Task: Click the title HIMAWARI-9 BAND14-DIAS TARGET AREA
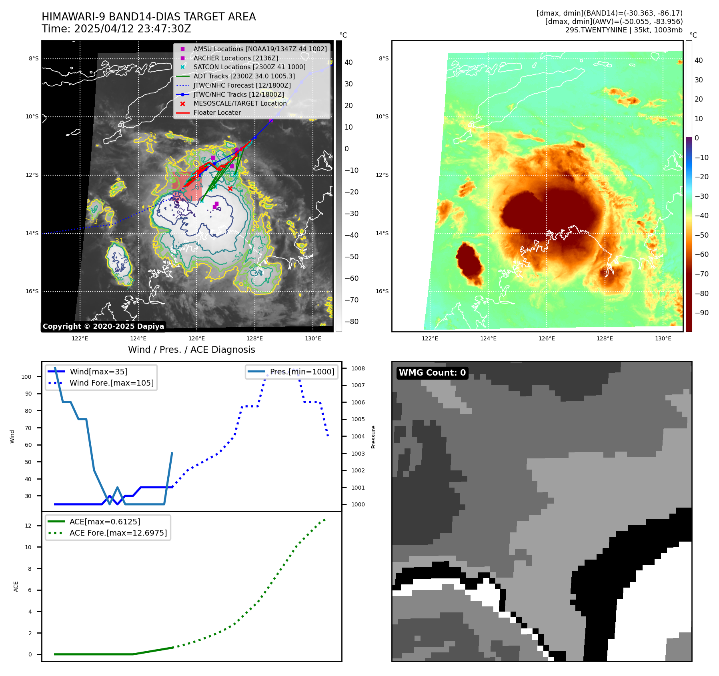(x=148, y=17)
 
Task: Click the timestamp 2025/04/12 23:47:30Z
(x=132, y=29)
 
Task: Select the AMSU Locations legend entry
(x=260, y=49)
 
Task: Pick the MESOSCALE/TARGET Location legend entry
(x=240, y=103)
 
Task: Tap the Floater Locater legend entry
(x=217, y=113)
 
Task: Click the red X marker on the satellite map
(x=230, y=188)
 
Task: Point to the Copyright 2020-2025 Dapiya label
(x=103, y=326)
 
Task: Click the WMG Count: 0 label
(x=432, y=373)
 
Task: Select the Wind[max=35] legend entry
(x=98, y=372)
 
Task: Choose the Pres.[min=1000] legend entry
(x=302, y=372)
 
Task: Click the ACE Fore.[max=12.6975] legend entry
(x=118, y=533)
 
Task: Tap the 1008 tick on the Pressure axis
(x=358, y=368)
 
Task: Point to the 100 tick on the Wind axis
(x=26, y=377)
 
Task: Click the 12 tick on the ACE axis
(x=28, y=526)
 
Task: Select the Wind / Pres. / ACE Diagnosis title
(x=191, y=350)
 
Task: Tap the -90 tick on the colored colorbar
(x=701, y=313)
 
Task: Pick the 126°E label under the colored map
(x=547, y=338)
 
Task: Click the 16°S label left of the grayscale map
(x=32, y=291)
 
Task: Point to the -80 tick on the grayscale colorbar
(x=352, y=322)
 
